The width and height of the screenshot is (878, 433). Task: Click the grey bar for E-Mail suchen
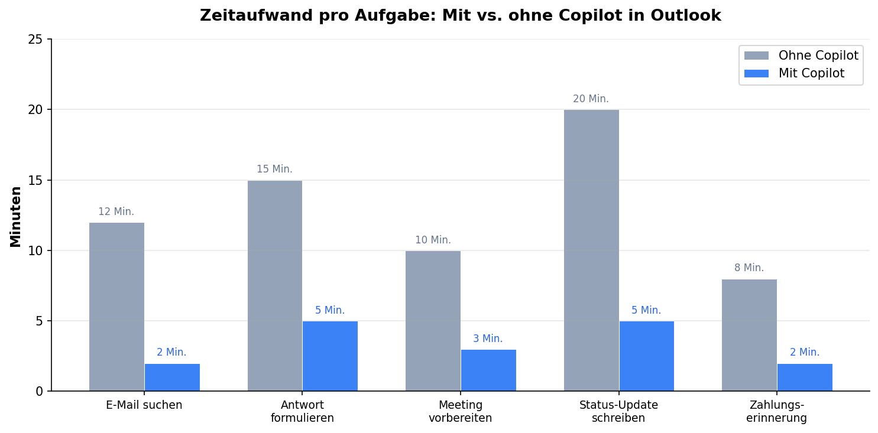116,307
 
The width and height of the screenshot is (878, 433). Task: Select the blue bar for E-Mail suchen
172,377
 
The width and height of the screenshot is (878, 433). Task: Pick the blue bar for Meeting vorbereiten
488,370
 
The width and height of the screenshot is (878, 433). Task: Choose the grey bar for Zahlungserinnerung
749,335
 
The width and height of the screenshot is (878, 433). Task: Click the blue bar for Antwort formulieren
330,356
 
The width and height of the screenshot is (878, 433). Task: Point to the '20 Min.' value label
591,99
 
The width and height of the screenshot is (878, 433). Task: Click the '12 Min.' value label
116,212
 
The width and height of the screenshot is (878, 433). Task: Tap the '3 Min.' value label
488,339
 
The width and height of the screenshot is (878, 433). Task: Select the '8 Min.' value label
749,268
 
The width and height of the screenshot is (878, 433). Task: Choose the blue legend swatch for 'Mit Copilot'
756,74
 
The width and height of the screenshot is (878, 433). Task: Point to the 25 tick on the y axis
35,40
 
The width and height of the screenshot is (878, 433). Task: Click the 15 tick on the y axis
35,180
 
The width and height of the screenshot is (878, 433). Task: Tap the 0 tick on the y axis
39,391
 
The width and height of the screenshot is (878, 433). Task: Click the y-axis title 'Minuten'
16,216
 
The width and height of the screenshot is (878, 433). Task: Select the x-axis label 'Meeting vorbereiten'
460,412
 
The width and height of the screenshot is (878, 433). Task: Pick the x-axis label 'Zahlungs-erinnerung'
776,412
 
